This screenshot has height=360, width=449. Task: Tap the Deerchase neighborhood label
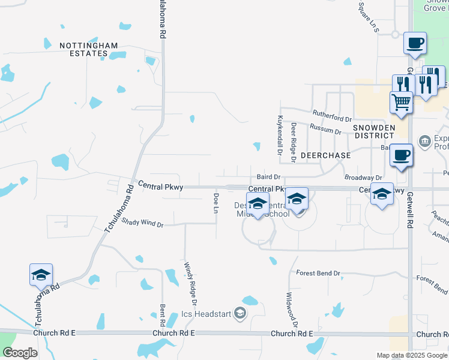point(325,155)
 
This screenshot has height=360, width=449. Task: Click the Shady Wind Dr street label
point(142,223)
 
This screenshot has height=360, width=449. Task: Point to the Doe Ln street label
point(216,203)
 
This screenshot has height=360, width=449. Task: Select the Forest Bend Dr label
point(318,274)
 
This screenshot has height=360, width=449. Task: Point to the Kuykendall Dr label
point(280,135)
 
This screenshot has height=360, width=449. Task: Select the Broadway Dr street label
point(363,178)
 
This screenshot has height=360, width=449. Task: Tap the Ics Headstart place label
point(206,314)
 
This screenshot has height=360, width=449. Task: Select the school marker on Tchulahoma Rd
point(41,274)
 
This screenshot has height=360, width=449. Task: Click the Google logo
point(20,353)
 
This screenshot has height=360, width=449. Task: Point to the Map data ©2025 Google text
point(411,355)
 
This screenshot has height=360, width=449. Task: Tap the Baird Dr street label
point(269,177)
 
